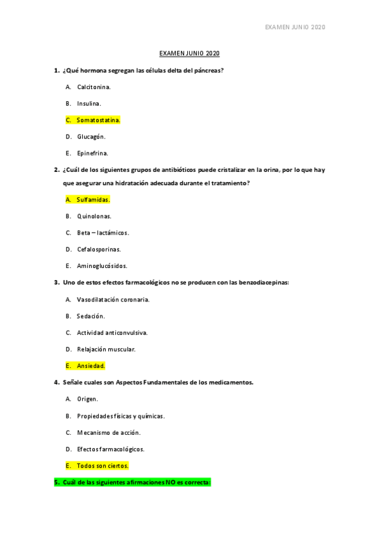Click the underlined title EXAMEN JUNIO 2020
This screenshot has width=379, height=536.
189,54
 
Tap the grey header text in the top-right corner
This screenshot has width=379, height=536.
294,27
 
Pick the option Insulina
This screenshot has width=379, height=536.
89,103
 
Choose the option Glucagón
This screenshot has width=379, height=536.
91,136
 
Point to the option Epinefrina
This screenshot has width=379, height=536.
92,152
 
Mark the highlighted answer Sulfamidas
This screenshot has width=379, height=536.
93,199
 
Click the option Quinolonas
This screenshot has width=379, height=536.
94,216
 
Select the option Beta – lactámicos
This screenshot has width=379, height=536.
103,233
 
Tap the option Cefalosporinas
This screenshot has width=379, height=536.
99,249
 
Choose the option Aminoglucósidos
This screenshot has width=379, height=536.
102,265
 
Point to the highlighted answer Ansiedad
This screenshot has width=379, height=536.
90,365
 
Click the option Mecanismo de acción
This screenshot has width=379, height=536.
109,432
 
